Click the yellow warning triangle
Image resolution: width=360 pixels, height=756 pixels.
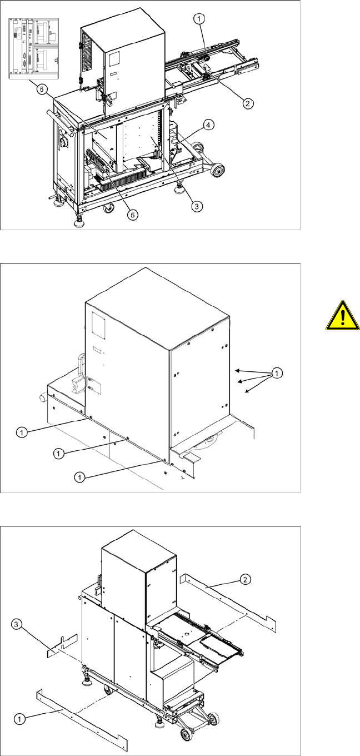343,316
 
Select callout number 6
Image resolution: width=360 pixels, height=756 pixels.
42,89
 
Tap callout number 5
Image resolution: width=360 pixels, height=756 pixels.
133,215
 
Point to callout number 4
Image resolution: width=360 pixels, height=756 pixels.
208,125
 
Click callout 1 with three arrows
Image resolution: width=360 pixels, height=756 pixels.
277,373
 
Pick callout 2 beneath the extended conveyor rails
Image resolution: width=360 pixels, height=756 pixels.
248,103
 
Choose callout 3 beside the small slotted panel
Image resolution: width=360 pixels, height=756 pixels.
16,624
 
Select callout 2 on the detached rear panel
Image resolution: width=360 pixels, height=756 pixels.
245,579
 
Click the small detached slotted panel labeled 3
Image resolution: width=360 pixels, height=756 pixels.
62,645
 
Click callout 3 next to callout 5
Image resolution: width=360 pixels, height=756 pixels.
197,206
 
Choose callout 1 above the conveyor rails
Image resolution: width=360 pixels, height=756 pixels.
199,19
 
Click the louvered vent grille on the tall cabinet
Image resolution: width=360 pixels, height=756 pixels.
87,52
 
